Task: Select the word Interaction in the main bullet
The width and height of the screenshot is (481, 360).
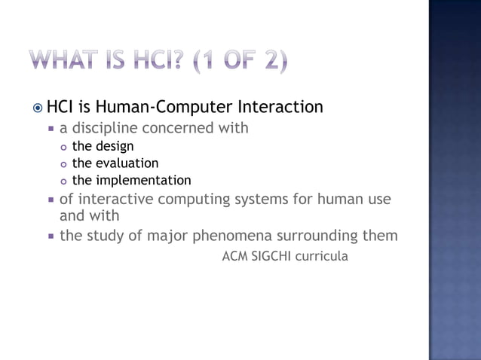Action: click(x=280, y=108)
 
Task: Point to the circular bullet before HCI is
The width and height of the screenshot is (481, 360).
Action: click(x=38, y=108)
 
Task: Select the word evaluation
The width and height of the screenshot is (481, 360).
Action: click(x=126, y=163)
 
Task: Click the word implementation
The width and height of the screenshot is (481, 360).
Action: click(x=142, y=181)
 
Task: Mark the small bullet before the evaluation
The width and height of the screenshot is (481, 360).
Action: click(x=63, y=164)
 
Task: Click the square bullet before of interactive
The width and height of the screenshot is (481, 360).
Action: click(x=51, y=200)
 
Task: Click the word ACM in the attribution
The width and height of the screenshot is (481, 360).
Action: click(x=236, y=257)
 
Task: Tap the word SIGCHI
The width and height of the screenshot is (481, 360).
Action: click(x=271, y=257)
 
